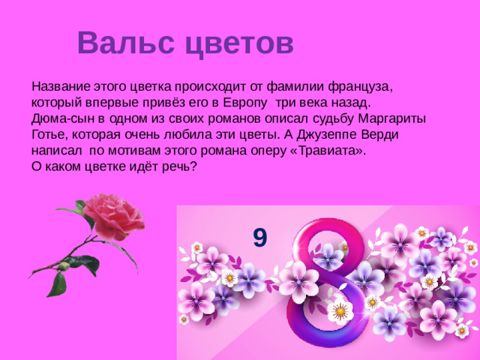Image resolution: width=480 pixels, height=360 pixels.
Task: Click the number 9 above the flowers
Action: pyautogui.click(x=259, y=238)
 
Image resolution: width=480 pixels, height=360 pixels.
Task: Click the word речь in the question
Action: pyautogui.click(x=181, y=166)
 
